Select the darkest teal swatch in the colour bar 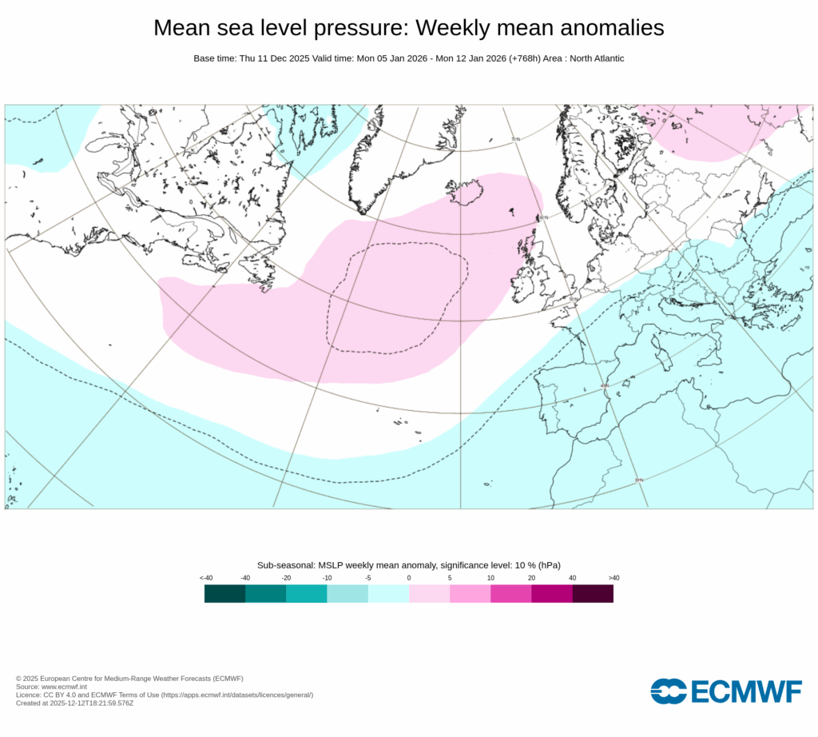pos(224,593)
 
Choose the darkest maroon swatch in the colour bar pos(593,593)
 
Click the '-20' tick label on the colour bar pos(286,578)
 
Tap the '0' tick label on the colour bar pos(409,578)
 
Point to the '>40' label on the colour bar pos(613,578)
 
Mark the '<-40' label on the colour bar pos(205,578)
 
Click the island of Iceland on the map pos(467,192)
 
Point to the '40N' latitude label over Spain pos(604,386)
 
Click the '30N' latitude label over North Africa pos(638,480)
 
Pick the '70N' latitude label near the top pos(515,139)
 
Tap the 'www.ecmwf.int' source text pos(54,687)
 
